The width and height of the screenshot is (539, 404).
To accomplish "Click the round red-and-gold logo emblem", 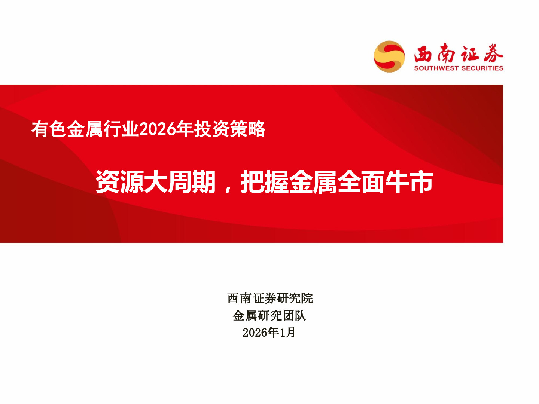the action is pos(389,56).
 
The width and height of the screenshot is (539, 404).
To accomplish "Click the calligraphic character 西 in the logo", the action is pos(423,54).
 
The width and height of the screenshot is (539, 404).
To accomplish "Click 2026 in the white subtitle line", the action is pos(158,129).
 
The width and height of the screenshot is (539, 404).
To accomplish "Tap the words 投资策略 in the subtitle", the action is pos(230,129).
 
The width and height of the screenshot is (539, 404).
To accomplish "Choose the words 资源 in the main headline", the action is pos(119,182).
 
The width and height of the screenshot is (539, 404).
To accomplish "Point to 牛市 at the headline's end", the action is pos(409,182).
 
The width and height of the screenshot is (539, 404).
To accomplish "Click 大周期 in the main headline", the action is pos(180,182).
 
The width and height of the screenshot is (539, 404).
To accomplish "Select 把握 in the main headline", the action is pos(265,182).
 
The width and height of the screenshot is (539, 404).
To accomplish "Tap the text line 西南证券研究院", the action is pos(270,299).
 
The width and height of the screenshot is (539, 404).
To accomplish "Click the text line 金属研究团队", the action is pos(269,316).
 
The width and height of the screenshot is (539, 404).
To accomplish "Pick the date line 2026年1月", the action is pos(269,333).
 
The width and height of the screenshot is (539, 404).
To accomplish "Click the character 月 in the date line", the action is pos(291,333).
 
